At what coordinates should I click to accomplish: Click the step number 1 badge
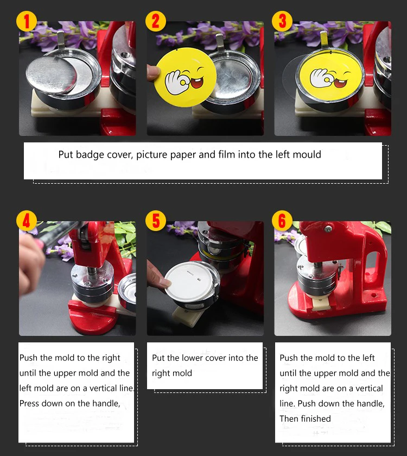click(27, 21)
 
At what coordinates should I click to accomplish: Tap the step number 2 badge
click(156, 21)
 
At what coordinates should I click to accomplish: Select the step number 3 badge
click(282, 21)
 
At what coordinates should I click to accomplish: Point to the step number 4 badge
click(27, 221)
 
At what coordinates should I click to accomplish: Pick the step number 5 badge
click(156, 221)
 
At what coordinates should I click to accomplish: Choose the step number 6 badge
click(282, 221)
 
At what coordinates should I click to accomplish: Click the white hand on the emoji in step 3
click(321, 78)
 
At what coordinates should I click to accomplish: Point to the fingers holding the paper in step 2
click(152, 73)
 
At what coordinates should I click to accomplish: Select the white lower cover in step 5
click(189, 282)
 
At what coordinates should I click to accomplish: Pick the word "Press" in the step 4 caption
click(30, 403)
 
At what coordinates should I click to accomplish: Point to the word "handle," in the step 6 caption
click(371, 404)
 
